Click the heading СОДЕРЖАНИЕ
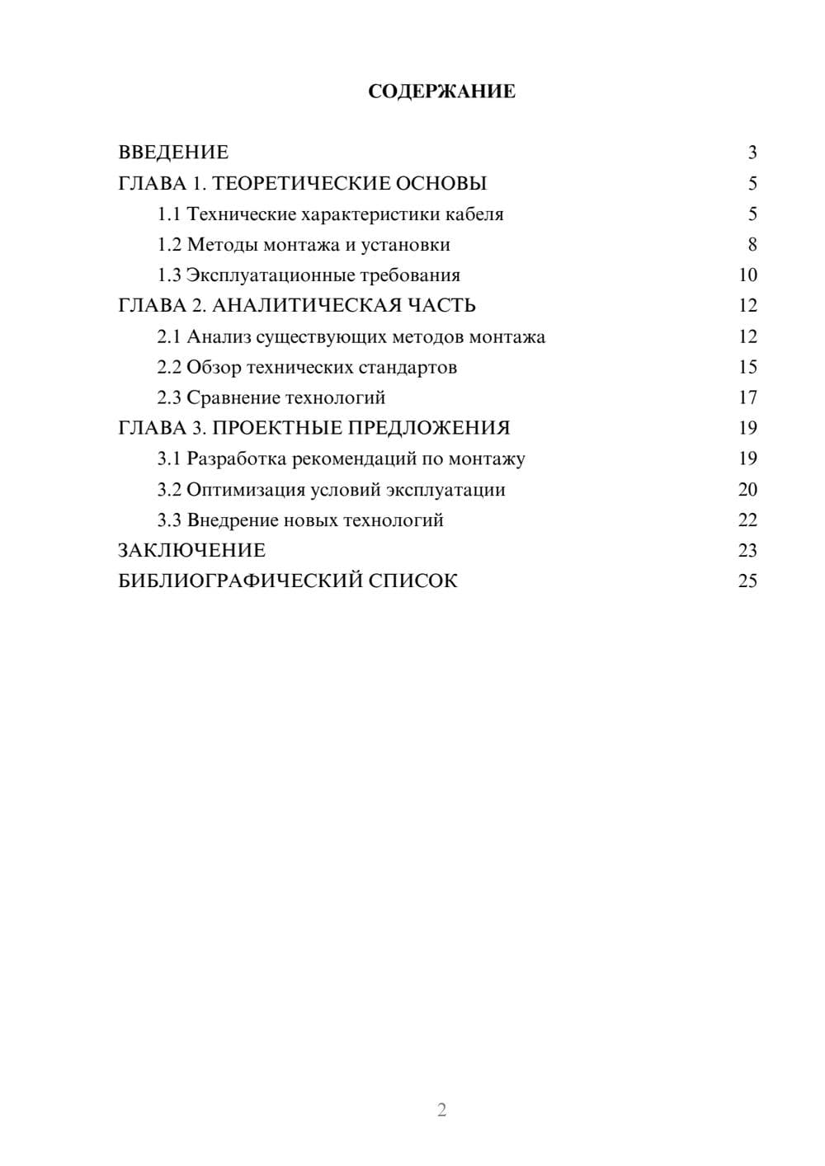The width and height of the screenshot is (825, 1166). point(441,92)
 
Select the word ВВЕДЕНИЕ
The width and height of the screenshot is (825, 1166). point(173,153)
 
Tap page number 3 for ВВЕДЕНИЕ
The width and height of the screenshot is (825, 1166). point(752,153)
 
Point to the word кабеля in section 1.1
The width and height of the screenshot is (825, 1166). point(474,214)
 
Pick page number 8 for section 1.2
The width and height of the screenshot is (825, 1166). point(752,245)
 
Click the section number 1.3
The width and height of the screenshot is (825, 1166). point(169,275)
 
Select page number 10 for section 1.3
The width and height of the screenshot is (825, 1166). point(747,275)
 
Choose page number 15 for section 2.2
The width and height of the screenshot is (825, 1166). point(747,367)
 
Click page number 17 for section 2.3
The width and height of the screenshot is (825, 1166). point(747,397)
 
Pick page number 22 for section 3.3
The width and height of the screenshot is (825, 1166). point(747,520)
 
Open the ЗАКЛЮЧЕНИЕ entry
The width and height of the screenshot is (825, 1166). point(191,551)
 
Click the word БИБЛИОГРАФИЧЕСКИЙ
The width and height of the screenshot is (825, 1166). point(240,581)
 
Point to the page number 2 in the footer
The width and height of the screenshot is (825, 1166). point(441,1110)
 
